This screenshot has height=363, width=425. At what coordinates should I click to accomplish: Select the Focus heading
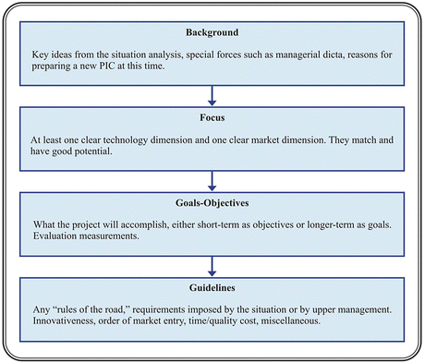(212, 120)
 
